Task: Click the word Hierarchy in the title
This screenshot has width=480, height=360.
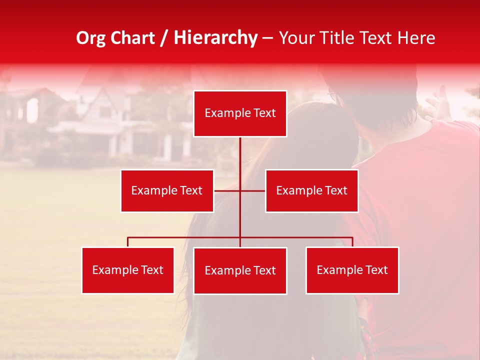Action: point(215,38)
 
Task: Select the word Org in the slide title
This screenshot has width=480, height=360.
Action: point(90,38)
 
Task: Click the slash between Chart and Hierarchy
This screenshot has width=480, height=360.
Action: point(164,38)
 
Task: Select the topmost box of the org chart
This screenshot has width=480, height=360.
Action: point(240,113)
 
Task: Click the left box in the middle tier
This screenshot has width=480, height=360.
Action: point(167,190)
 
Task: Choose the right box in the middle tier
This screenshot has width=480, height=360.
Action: point(311,190)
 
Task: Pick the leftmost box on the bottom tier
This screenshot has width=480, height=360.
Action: point(127,270)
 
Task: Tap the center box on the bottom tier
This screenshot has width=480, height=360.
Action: point(240,270)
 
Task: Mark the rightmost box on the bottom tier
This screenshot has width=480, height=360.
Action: point(352,270)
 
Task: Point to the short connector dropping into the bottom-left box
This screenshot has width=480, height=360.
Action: point(127,242)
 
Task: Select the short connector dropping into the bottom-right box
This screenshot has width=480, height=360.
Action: point(352,242)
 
